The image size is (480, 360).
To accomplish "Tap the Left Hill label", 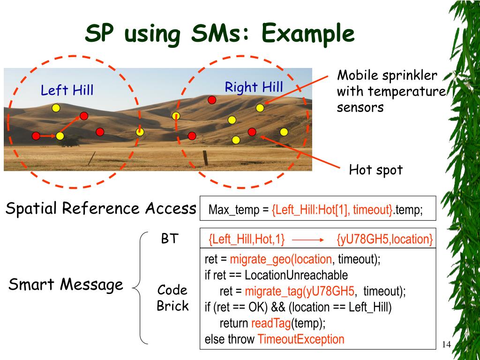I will click(67, 90).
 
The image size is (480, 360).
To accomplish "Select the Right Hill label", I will click(254, 87).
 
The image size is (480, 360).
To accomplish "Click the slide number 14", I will click(446, 345).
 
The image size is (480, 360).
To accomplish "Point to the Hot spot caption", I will click(375, 170).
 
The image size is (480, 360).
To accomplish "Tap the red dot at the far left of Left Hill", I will click(36, 136).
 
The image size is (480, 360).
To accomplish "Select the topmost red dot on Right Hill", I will click(212, 99).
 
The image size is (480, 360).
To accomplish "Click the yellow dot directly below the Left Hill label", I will click(56, 108).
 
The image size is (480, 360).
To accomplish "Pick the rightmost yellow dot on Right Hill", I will click(284, 132).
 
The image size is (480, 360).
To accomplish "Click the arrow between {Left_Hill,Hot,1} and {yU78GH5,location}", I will click(308, 239).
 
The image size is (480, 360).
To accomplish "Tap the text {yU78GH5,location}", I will click(384, 239).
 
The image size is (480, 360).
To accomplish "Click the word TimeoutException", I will click(301, 339).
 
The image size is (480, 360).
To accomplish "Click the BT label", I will click(169, 239).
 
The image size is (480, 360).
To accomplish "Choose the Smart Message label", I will click(66, 284).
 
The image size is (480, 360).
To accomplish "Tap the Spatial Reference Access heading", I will click(100, 208).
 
